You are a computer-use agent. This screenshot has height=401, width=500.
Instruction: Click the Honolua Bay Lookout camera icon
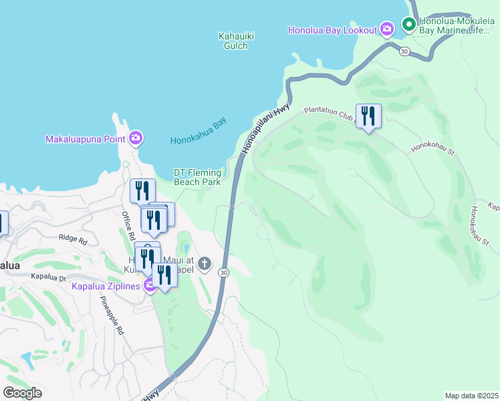coord(386,29)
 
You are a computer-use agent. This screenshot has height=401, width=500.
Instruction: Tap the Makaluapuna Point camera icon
coord(136,138)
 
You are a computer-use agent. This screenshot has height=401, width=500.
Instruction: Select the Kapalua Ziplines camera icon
coord(150,285)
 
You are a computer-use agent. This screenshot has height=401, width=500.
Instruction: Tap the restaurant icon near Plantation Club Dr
coord(368,116)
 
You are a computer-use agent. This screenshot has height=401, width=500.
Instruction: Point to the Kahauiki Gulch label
coord(233,41)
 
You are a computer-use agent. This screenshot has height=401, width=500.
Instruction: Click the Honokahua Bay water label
coord(199,132)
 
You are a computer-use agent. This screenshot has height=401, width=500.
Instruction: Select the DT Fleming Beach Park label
coord(197,177)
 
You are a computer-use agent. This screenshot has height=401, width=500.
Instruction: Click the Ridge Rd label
coord(73,239)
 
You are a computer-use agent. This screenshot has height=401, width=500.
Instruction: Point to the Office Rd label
coord(128,227)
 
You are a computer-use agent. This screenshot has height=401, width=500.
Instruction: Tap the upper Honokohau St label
coord(432,148)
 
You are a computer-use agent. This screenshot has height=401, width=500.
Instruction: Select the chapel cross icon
coord(205,264)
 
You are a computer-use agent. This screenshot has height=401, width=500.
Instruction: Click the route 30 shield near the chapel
coord(223,272)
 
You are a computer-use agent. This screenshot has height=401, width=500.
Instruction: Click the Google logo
coord(22,393)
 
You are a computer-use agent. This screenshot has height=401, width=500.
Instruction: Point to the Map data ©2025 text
coord(471,395)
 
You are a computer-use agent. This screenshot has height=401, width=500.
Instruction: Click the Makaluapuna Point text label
coord(86,139)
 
